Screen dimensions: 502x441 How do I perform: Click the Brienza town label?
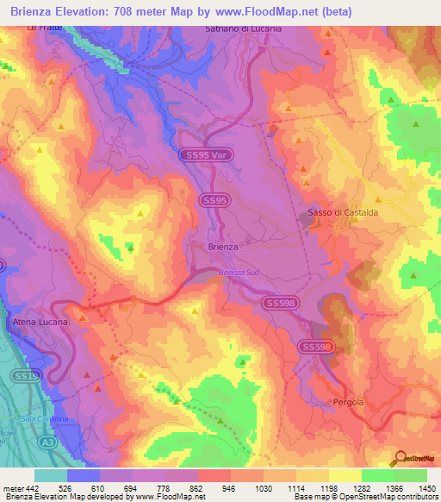[x=223, y=247]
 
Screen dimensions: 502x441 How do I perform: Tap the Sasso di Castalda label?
[x=343, y=212]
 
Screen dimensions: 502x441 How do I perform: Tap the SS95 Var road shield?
[x=203, y=155]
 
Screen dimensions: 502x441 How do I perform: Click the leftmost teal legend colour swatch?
[x=51, y=474]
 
